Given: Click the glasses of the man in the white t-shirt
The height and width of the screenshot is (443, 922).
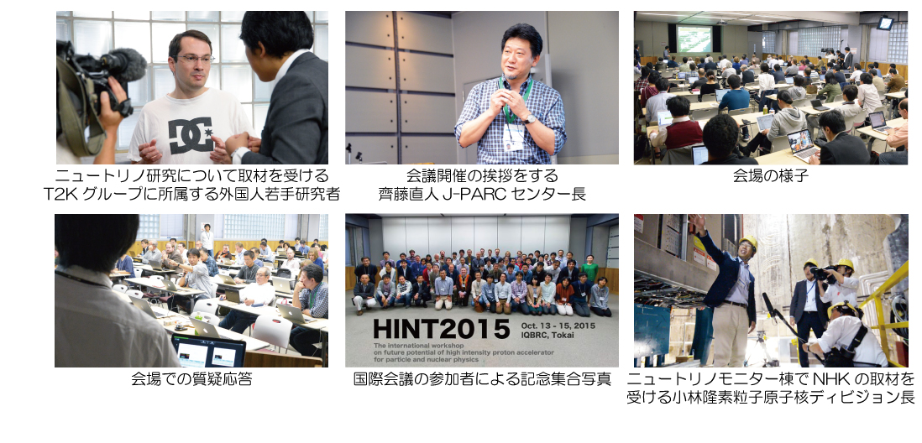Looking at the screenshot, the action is [x=195, y=59].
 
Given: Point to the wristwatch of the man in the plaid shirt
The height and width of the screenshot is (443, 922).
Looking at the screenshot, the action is [x=530, y=119].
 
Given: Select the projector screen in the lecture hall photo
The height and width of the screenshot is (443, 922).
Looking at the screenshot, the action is [x=694, y=39].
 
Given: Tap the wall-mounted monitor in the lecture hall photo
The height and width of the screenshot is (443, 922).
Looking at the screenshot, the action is [x=883, y=23].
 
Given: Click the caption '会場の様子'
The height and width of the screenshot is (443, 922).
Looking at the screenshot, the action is [x=770, y=175].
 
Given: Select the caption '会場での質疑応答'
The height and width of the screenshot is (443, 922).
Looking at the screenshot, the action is [x=191, y=379].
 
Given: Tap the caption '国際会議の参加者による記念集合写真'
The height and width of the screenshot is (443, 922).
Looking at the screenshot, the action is [x=482, y=379].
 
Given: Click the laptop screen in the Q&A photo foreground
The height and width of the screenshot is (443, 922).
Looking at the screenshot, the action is [x=208, y=352].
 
